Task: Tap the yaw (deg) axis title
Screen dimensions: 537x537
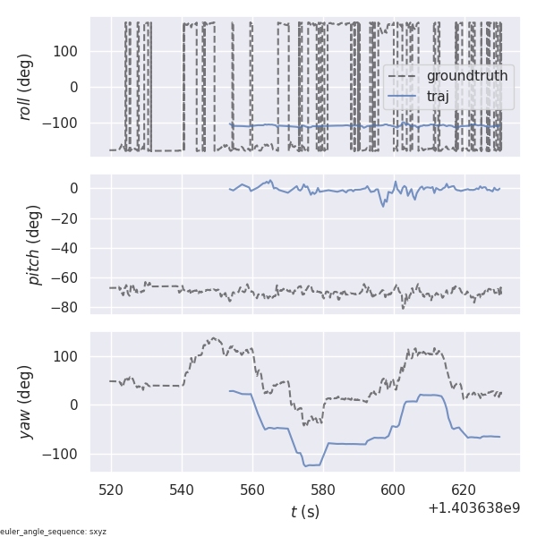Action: [27, 402]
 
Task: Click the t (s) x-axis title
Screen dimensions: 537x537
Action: [304, 512]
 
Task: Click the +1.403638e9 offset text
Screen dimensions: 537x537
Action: [473, 508]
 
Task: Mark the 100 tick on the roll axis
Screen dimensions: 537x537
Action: [67, 50]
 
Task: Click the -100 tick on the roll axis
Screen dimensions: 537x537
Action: [63, 123]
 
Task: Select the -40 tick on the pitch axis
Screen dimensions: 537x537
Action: [67, 248]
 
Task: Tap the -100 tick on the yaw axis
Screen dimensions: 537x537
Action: [63, 453]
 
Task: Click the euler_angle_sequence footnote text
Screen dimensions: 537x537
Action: [54, 532]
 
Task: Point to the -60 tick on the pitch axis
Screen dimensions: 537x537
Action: [67, 277]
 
